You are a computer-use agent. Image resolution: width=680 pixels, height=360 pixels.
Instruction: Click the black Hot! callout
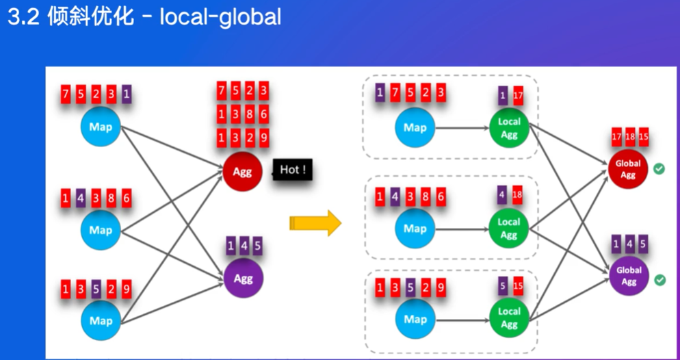tap(292, 170)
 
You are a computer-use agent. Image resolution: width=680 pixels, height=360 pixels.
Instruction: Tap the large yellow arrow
tap(315, 223)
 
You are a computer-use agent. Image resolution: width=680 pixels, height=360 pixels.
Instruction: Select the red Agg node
tap(242, 171)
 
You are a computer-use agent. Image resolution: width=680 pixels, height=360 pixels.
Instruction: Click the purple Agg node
tap(244, 278)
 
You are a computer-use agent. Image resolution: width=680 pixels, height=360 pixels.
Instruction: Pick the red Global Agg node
tap(627, 169)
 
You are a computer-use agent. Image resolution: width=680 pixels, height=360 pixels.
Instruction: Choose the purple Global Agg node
tap(629, 275)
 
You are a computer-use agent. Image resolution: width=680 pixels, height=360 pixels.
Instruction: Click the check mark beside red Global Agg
tap(659, 169)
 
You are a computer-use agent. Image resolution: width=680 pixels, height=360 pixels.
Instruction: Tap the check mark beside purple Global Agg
tap(659, 280)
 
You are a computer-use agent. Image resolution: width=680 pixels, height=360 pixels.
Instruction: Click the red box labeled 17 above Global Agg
tap(616, 137)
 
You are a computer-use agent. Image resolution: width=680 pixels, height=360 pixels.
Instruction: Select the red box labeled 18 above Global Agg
tap(630, 137)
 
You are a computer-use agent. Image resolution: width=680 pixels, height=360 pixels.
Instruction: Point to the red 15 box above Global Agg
tap(644, 137)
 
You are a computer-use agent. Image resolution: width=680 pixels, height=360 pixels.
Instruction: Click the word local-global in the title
tap(220, 17)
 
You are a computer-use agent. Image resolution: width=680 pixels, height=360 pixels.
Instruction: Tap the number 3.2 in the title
tap(24, 18)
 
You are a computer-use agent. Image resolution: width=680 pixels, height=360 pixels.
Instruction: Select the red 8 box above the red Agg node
tap(250, 114)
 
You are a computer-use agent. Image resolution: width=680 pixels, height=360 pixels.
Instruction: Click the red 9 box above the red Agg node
tap(263, 138)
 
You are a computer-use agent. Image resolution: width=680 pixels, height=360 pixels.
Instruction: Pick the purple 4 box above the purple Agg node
tap(244, 246)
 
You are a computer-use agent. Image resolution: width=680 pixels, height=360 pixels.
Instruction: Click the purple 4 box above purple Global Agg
tap(629, 244)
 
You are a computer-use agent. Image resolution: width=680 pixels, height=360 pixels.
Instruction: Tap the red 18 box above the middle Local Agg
tap(517, 195)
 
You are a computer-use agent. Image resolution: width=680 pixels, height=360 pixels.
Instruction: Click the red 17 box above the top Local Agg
tap(518, 95)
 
